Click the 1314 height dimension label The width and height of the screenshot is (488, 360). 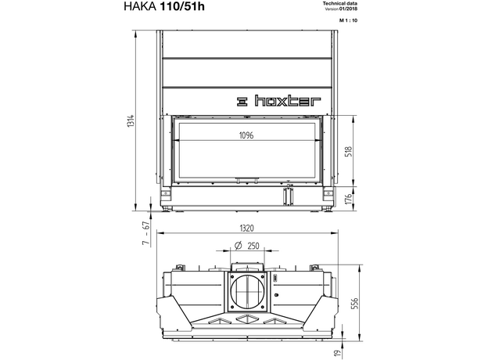point(131,121)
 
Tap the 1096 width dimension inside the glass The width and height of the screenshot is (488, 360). point(246,135)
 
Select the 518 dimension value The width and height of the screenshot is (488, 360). point(349,151)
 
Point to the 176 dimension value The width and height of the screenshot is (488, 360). point(349,198)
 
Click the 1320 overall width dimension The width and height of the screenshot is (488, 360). point(247,229)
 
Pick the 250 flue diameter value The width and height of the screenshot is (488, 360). point(253,246)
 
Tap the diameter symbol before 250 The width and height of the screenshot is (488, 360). point(238,246)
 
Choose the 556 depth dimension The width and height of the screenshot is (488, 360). point(355,304)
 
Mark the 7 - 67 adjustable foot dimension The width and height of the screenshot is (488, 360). point(146,233)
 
